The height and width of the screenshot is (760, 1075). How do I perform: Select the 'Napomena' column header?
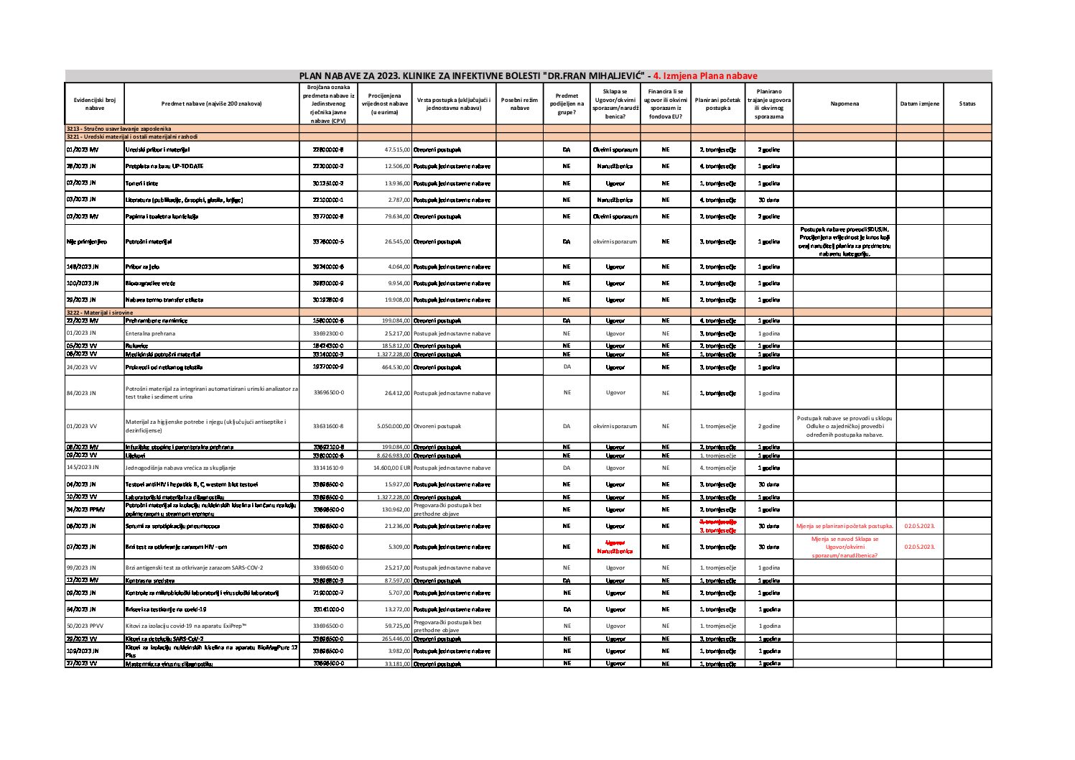[x=844, y=104]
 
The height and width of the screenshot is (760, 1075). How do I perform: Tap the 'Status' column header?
[x=967, y=104]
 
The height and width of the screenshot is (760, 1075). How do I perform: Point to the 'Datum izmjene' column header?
[x=919, y=104]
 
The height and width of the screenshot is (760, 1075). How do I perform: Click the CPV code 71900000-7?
[x=328, y=593]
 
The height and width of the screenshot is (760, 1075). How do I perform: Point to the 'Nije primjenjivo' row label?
[x=86, y=242]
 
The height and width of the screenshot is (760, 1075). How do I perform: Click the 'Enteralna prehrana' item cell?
[x=150, y=333]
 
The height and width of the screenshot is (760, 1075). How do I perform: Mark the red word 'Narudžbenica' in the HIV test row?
[x=614, y=552]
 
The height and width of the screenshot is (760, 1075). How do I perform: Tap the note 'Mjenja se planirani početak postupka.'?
[x=844, y=527]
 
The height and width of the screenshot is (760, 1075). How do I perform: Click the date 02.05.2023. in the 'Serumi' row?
[x=919, y=527]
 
